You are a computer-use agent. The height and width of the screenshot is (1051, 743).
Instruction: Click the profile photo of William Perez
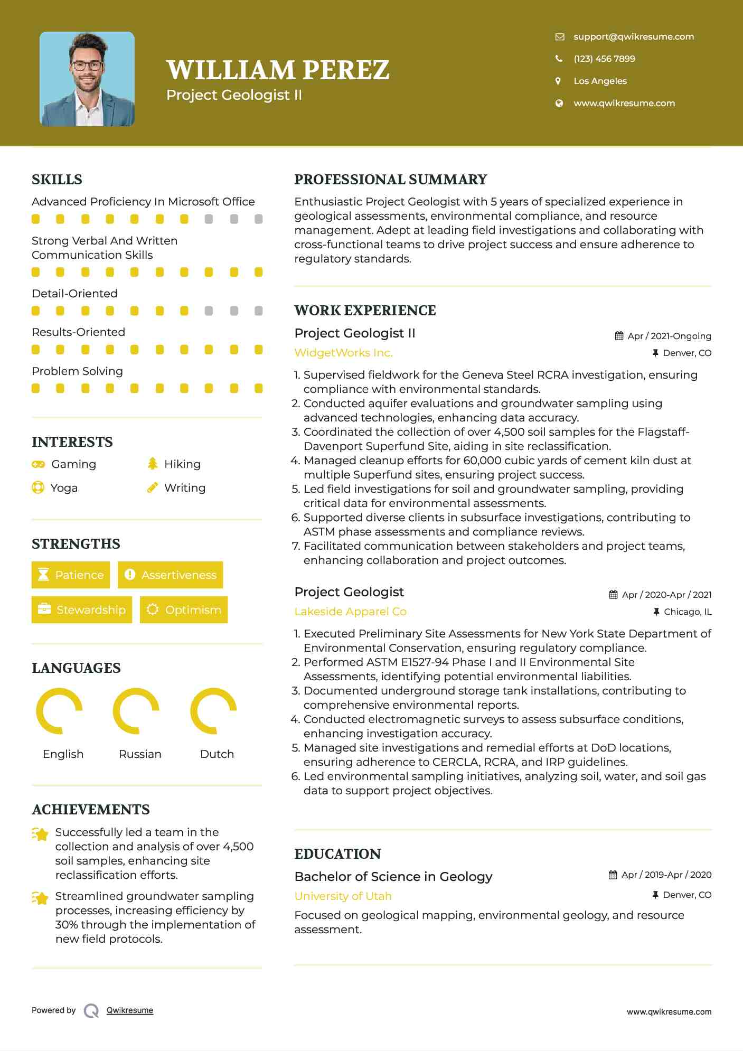(87, 79)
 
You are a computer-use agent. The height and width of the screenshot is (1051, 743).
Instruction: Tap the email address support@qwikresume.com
(633, 36)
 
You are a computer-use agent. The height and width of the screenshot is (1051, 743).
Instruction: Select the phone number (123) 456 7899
(604, 59)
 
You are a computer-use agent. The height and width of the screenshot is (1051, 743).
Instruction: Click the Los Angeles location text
(600, 81)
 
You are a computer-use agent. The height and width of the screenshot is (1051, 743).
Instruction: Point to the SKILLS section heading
(57, 180)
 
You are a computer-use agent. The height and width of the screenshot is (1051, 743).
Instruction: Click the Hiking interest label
(182, 464)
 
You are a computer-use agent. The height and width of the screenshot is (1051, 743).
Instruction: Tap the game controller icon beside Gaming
(38, 464)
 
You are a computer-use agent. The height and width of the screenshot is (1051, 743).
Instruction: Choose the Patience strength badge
(71, 575)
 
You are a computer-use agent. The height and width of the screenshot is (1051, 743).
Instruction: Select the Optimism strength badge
(184, 609)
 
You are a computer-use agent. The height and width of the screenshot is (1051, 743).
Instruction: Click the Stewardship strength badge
(82, 609)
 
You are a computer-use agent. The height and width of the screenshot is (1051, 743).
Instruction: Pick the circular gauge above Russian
(136, 711)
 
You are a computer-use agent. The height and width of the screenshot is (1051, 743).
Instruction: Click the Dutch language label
(217, 754)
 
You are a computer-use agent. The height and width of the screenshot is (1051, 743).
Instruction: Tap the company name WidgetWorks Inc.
(343, 353)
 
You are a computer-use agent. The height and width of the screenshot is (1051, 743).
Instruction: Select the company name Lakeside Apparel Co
(350, 612)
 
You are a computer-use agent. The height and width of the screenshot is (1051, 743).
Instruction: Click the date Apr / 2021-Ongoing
(669, 336)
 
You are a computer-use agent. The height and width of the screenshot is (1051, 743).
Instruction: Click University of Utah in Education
(343, 896)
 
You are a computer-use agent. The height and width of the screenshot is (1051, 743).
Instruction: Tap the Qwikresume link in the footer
(130, 1010)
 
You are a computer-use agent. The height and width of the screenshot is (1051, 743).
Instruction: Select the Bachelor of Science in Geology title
(393, 877)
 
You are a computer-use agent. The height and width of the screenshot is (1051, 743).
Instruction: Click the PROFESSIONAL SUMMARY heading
(390, 180)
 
